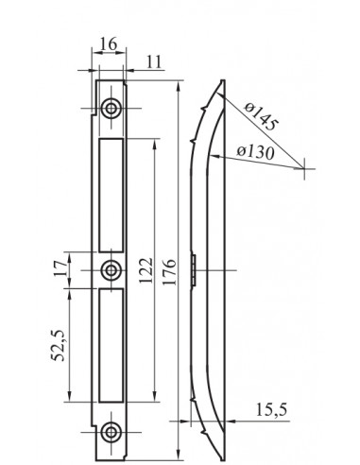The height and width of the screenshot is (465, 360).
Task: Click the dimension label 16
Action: point(109,43)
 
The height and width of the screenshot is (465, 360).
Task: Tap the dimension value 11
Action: point(154,61)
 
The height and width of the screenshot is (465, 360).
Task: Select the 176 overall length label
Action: point(169,271)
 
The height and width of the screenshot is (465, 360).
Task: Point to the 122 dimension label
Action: point(146,270)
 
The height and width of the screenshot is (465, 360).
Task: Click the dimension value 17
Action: point(60,268)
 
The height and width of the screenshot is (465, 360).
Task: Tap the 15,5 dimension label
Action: point(271,410)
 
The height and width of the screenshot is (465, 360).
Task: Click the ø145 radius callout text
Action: point(261,116)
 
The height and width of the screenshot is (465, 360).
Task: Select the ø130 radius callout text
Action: point(255,152)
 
